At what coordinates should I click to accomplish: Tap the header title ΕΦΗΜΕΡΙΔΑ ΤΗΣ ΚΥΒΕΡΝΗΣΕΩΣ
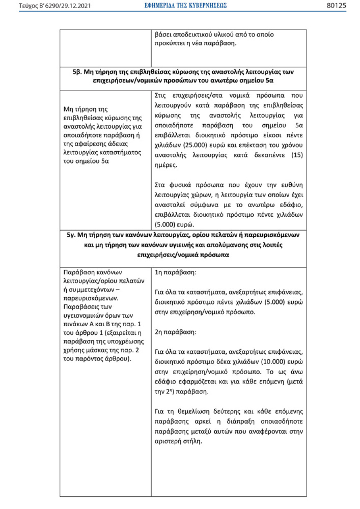[x=180, y=6]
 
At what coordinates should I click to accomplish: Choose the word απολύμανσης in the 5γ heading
[x=238, y=245]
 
